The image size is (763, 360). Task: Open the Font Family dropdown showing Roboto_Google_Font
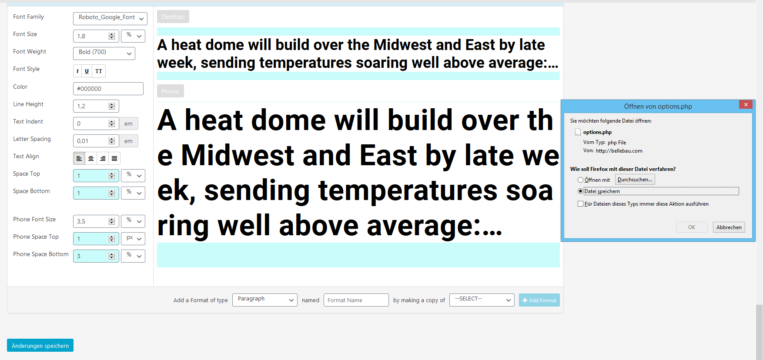pyautogui.click(x=110, y=18)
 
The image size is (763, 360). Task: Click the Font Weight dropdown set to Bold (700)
pyautogui.click(x=104, y=53)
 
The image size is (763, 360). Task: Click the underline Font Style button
pyautogui.click(x=87, y=71)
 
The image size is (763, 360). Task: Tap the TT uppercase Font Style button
pyautogui.click(x=99, y=71)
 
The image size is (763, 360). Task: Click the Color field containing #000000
pyautogui.click(x=108, y=89)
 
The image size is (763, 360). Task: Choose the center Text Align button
pyautogui.click(x=91, y=158)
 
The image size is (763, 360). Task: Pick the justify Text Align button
pyautogui.click(x=114, y=158)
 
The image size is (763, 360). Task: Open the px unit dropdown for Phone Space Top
pyautogui.click(x=133, y=239)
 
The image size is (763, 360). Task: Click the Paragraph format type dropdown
pyautogui.click(x=265, y=300)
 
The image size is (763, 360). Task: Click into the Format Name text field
pyautogui.click(x=356, y=300)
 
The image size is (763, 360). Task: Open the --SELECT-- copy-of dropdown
pyautogui.click(x=482, y=300)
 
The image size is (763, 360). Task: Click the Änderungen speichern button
pyautogui.click(x=40, y=345)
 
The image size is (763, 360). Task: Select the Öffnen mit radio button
pyautogui.click(x=580, y=180)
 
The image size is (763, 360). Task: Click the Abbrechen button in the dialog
pyautogui.click(x=729, y=227)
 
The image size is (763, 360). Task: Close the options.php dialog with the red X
pyautogui.click(x=746, y=104)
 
